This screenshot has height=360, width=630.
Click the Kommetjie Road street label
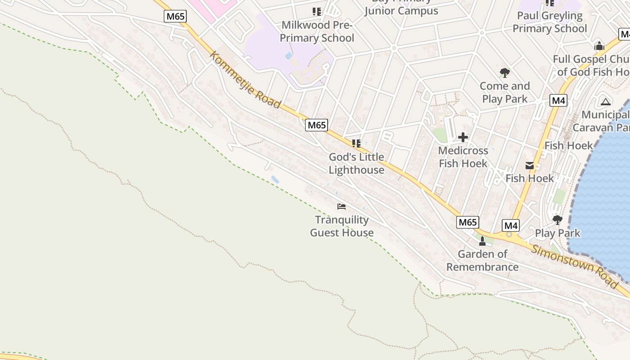(245, 80)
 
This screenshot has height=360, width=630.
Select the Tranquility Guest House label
(342, 226)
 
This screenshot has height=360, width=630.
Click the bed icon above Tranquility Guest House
(342, 207)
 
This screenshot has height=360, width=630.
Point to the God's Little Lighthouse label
(356, 163)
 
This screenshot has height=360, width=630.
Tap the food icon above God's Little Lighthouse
(356, 144)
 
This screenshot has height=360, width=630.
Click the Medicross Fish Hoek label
(463, 157)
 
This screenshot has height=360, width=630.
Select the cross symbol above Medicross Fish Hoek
(463, 137)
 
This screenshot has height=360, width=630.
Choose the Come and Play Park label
(504, 92)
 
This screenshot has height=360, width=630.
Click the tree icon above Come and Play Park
(504, 72)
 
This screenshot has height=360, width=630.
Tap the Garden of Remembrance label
(482, 261)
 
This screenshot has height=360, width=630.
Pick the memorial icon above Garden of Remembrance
(482, 241)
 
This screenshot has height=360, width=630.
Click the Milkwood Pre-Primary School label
(317, 31)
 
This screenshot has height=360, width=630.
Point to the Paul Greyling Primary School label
(549, 22)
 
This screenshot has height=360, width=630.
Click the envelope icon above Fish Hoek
(530, 166)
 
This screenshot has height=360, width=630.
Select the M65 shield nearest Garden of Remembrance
(468, 222)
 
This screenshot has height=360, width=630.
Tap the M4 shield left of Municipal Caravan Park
(558, 100)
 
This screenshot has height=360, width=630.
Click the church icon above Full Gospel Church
(599, 46)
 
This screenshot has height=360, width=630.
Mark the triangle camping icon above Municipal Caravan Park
(605, 102)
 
